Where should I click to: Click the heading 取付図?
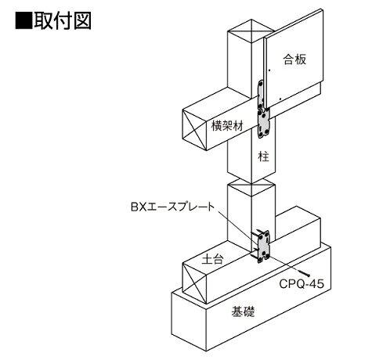point(63,20)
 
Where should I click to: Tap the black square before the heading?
point(23,20)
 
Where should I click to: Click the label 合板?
point(294,59)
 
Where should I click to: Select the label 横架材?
point(227,126)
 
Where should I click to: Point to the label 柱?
point(263,157)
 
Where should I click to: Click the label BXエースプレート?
point(172,207)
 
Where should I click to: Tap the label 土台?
point(213,259)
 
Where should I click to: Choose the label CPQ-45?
point(302,284)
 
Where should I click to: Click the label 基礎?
point(243,311)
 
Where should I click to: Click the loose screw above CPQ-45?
point(304,272)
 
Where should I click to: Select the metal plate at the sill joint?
point(263,247)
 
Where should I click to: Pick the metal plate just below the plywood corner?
point(264,124)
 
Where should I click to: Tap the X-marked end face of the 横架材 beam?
point(194,129)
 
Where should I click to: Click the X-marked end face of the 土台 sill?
point(194,283)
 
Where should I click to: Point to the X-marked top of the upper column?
point(251,31)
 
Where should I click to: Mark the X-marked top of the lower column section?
point(251,187)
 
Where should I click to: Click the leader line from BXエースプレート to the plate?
point(237,230)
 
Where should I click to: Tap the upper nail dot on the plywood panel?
point(269,70)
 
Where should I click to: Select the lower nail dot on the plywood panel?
point(280,99)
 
